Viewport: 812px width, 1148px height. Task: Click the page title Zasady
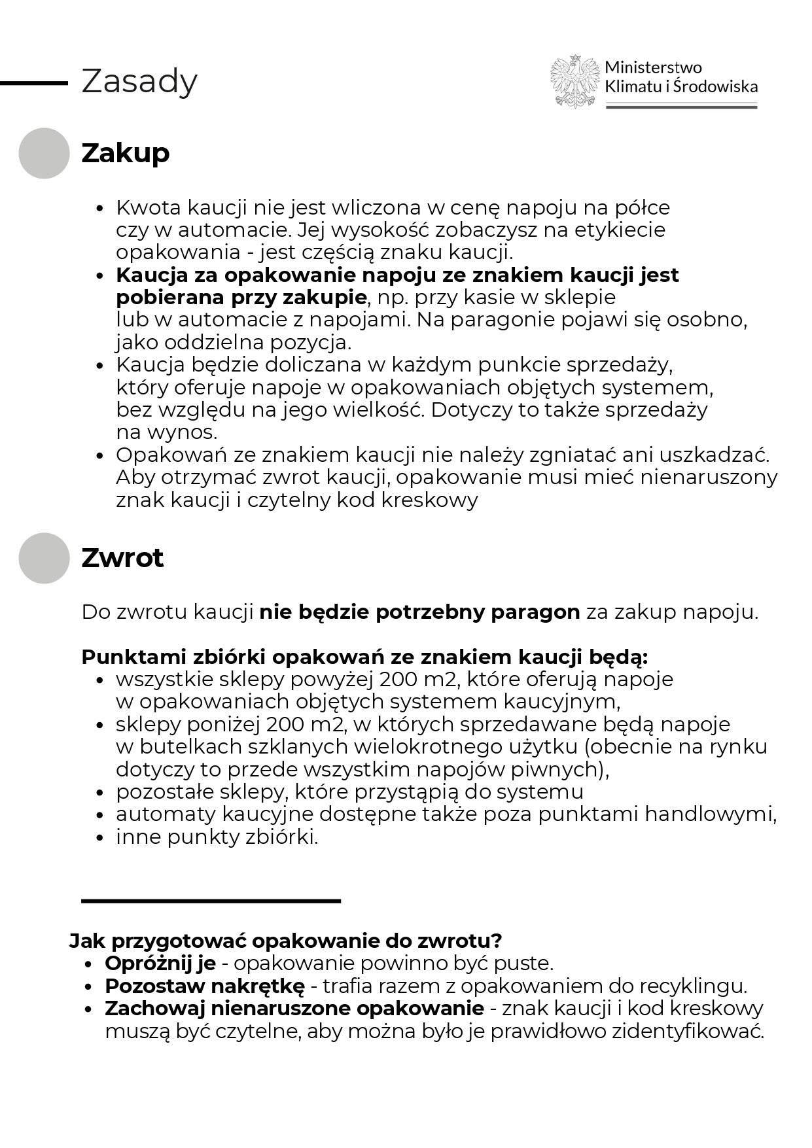click(x=139, y=82)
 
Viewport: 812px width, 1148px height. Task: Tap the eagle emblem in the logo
click(x=574, y=82)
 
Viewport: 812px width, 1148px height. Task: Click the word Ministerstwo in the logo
click(x=653, y=67)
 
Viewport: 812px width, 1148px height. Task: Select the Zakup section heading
click(x=125, y=153)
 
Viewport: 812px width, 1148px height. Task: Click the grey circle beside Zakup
click(x=44, y=153)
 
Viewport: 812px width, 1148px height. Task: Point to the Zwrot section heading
click(x=122, y=558)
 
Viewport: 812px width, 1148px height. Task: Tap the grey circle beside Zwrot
click(x=44, y=558)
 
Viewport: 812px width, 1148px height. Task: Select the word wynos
click(x=183, y=432)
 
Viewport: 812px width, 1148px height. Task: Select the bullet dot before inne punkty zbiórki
click(x=100, y=837)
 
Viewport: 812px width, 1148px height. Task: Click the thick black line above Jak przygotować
click(x=211, y=901)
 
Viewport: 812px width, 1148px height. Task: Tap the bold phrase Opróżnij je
click(x=160, y=964)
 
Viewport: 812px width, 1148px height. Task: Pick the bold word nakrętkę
click(x=258, y=986)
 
